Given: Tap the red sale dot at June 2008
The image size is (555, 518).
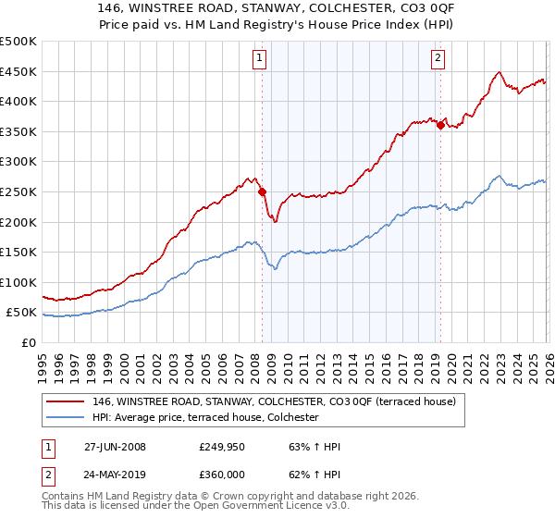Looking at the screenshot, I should pyautogui.click(x=262, y=191).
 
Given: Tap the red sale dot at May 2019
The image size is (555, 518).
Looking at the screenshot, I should pyautogui.click(x=440, y=126).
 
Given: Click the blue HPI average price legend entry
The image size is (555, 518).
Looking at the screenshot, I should pyautogui.click(x=204, y=417).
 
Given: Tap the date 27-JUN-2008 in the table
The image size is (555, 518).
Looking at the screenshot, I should pyautogui.click(x=115, y=447).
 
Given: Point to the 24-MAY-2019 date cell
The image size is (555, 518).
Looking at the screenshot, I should pyautogui.click(x=116, y=476).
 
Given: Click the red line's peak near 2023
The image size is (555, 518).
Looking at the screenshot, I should pyautogui.click(x=499, y=72).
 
